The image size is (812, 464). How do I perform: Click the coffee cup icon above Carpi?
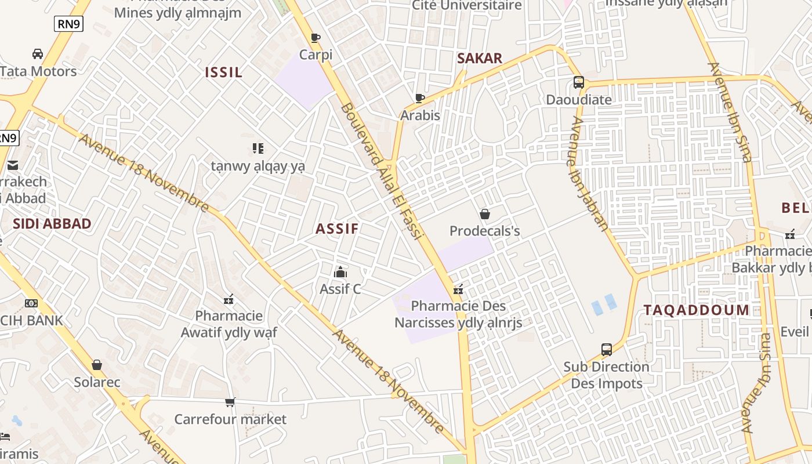315,38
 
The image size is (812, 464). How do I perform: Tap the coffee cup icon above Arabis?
420,98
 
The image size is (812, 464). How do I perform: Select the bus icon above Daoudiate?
578,82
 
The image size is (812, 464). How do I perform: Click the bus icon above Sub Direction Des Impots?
606,350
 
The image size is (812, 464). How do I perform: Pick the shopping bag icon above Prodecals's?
485,214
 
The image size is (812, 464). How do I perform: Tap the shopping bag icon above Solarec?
97,365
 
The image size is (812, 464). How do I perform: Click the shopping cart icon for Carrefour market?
230,402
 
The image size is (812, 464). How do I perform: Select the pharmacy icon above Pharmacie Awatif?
229,299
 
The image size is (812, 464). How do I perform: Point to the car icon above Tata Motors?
38,54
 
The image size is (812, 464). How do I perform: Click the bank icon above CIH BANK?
31,303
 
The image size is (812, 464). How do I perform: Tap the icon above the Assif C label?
340,271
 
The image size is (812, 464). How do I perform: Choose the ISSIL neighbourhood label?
223,72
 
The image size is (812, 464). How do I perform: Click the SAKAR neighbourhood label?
479,58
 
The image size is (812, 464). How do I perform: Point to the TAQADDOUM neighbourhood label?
696,310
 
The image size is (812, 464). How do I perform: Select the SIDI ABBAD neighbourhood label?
52,224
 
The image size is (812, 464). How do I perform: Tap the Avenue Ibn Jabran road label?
588,174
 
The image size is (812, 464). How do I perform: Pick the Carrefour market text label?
230,419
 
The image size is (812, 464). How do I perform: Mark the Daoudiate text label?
579,99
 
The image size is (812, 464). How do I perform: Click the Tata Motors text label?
38,71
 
